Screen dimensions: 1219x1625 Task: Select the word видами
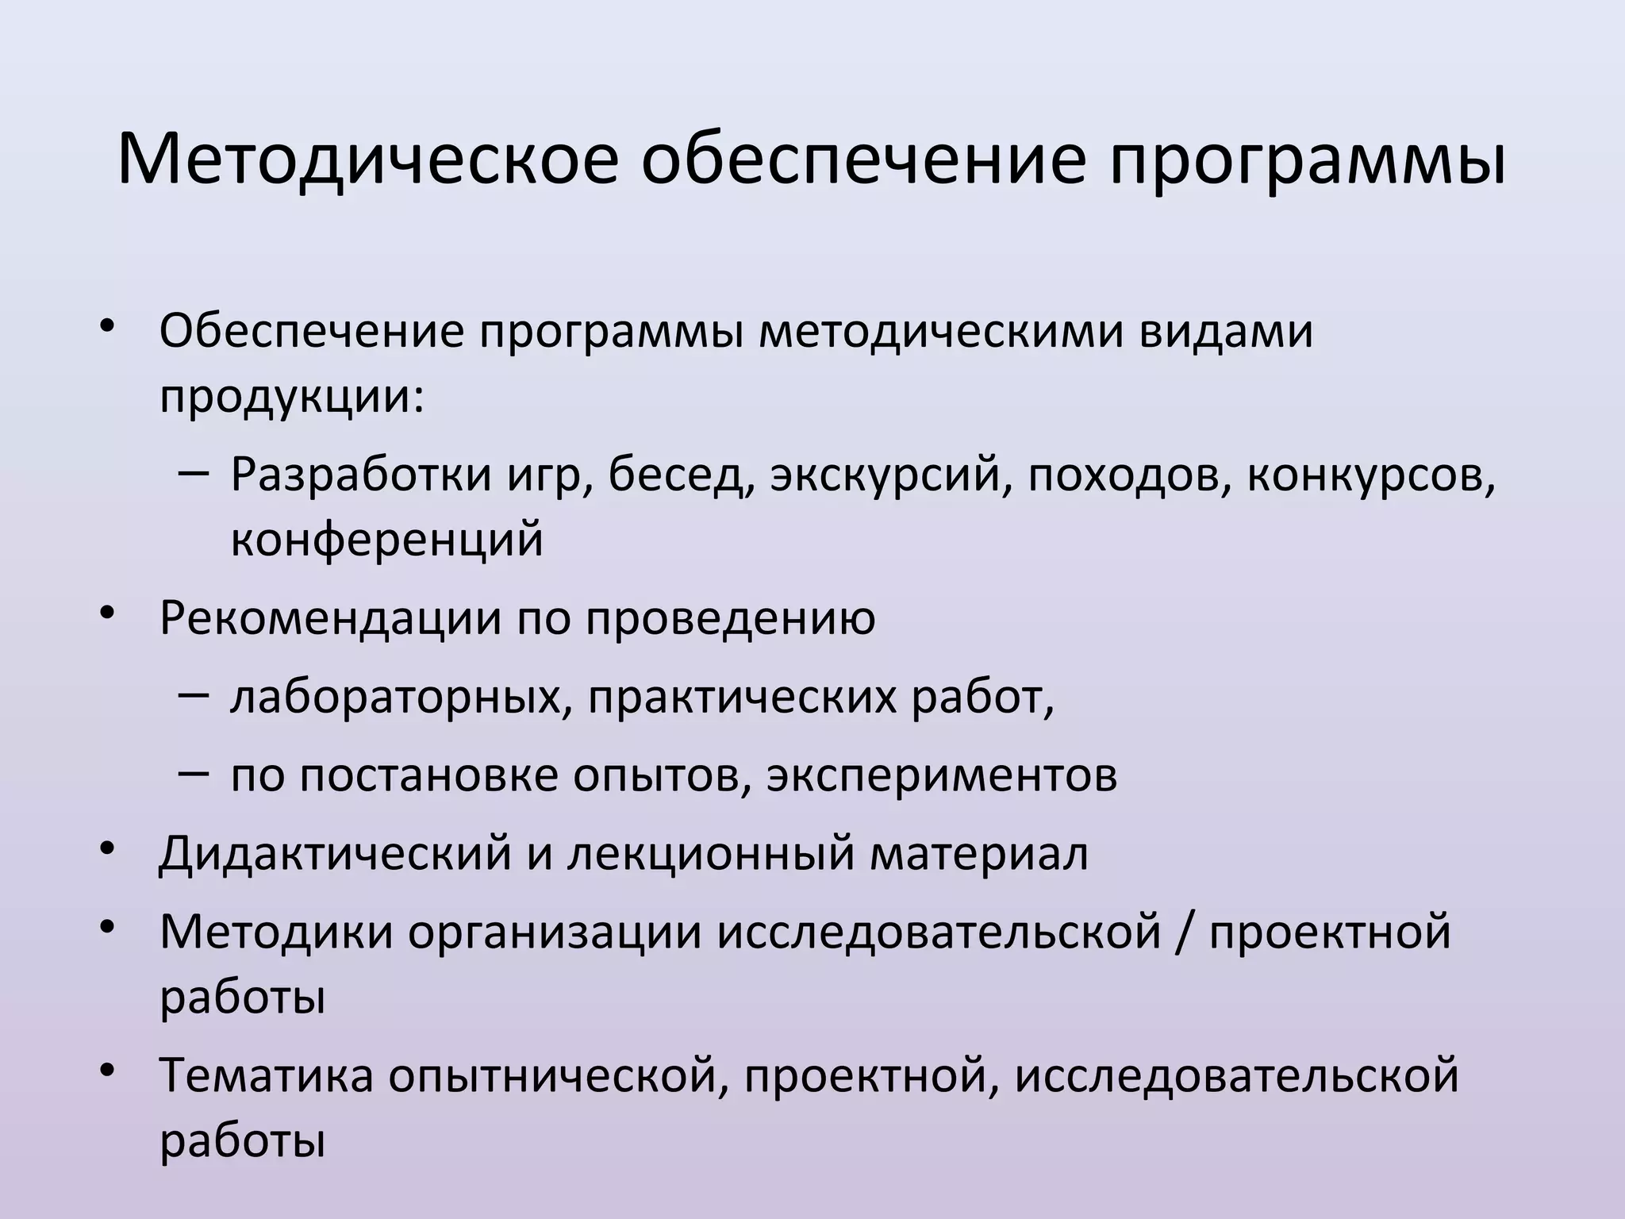(1227, 331)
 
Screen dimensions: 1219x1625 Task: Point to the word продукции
(290, 397)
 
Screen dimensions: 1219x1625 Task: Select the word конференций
(387, 540)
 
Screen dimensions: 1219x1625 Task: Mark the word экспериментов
(942, 775)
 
